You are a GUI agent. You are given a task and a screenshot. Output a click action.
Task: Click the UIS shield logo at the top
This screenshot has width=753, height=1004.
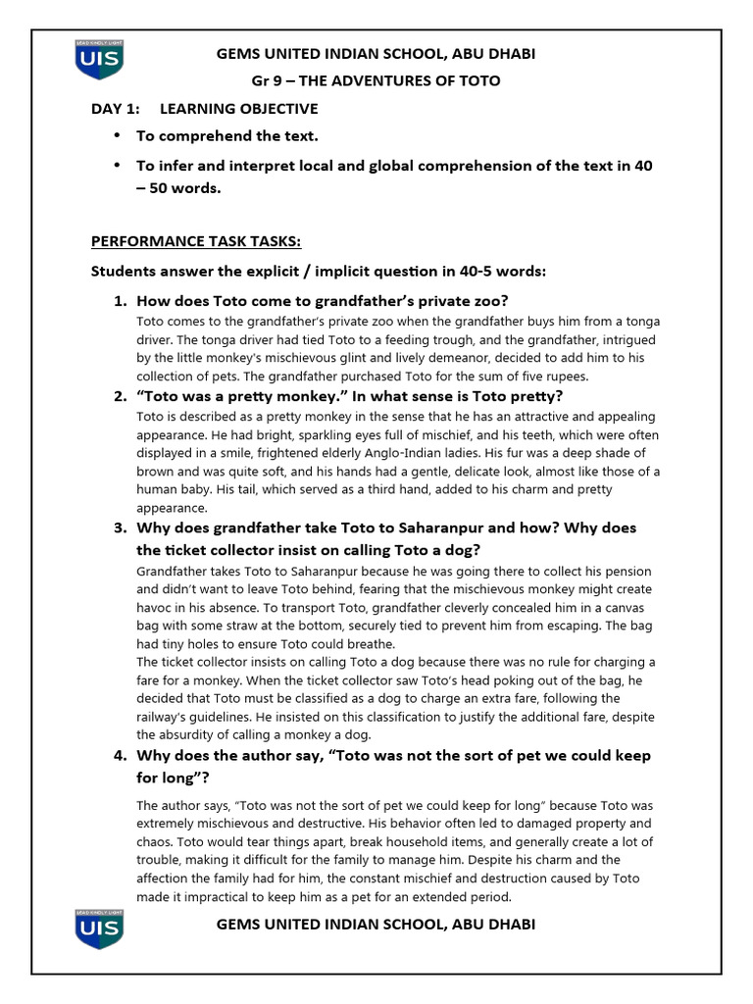[x=98, y=61]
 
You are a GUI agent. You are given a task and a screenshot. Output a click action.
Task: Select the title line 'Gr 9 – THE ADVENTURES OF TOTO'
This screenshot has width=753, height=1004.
[x=376, y=80]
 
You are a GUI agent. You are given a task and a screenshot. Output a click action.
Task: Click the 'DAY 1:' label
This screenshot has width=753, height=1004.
[x=116, y=109]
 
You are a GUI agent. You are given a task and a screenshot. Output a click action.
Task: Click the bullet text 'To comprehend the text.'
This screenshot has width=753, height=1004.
[x=226, y=136]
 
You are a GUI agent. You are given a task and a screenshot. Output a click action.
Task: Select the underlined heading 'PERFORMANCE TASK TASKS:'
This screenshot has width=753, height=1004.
[x=196, y=242]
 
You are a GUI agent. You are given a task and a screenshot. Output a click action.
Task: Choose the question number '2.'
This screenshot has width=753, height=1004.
[x=121, y=396]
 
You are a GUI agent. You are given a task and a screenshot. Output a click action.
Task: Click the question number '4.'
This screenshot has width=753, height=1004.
[x=121, y=756]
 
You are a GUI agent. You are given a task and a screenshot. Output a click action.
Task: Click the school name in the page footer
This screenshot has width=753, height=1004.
[x=376, y=925]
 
